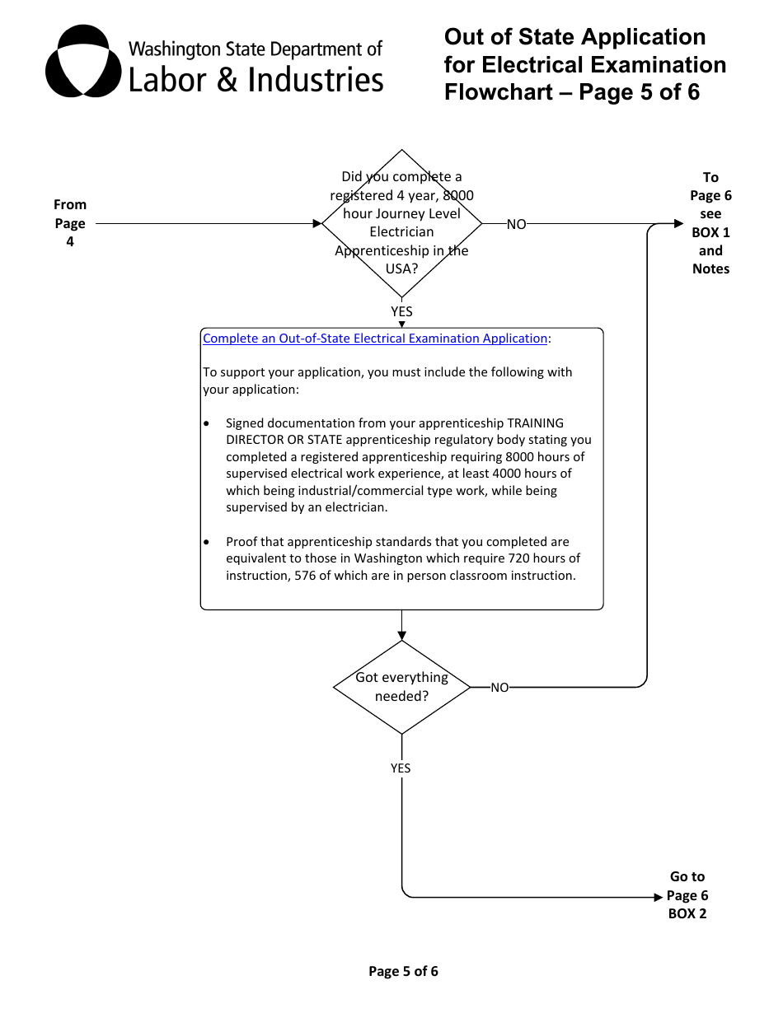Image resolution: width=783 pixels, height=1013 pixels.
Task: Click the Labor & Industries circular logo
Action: point(82,62)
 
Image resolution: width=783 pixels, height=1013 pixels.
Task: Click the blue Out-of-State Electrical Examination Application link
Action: point(374,338)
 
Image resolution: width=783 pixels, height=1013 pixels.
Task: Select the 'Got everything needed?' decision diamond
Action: point(401,687)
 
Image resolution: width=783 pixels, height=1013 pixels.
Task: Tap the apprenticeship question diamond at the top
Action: point(401,223)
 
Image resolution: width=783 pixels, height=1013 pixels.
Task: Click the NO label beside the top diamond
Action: point(516,224)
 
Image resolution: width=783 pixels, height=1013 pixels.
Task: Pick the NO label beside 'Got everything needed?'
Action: point(499,688)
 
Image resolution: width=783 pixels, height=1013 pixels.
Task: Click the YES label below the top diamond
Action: point(401,312)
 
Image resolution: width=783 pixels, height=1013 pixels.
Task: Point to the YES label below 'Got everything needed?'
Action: point(401,768)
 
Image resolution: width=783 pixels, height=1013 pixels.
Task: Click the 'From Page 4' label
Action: point(70,223)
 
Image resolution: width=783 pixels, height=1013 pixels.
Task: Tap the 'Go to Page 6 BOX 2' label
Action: point(687,895)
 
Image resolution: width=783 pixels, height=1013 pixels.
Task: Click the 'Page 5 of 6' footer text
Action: point(403,972)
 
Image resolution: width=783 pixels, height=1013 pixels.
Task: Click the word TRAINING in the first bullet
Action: point(535,423)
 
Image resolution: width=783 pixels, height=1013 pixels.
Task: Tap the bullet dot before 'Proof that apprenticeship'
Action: point(206,542)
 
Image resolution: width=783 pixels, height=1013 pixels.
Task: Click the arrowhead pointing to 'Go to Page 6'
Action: point(658,897)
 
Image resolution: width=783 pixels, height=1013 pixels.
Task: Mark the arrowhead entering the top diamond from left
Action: point(317,223)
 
